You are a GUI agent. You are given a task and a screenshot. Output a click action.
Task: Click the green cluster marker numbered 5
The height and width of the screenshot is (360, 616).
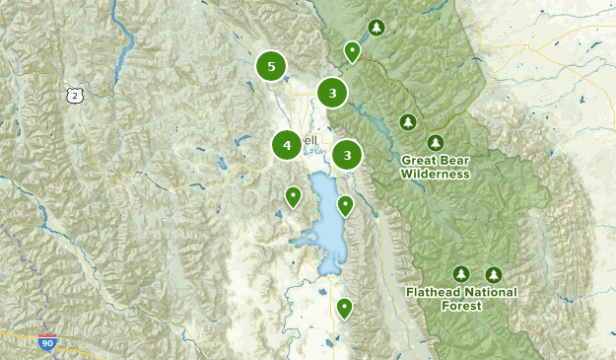tap(271, 66)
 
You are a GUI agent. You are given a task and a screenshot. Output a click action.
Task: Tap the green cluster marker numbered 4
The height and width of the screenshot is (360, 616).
tap(287, 145)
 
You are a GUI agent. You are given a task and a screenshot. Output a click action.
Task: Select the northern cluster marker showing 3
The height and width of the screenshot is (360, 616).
tap(333, 94)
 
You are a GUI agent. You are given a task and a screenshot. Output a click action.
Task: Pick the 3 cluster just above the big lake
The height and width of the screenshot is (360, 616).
tap(347, 155)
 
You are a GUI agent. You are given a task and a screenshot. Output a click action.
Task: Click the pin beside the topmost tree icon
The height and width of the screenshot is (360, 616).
tap(352, 51)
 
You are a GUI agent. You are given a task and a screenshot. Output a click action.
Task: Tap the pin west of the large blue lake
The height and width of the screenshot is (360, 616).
tap(293, 197)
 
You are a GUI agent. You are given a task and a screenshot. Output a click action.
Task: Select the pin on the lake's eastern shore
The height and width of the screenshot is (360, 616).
tap(345, 205)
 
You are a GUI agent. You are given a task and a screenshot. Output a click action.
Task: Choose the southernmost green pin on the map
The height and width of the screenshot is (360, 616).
tap(344, 308)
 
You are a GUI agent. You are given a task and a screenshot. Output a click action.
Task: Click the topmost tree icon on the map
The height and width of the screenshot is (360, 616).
tap(375, 28)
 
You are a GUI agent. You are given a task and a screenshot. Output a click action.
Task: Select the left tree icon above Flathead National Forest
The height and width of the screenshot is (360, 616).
tap(459, 273)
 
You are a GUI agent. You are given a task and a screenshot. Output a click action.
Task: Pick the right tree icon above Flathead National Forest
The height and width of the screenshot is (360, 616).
tap(493, 273)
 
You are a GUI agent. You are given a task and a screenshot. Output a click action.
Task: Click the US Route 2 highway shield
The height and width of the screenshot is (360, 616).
tap(74, 94)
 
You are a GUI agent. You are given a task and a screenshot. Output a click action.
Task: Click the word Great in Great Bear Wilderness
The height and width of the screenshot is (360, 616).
tap(419, 160)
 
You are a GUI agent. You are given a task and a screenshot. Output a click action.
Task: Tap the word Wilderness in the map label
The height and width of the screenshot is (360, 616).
tap(435, 174)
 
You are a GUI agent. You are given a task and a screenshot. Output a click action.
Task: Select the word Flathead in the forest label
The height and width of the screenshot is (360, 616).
tap(434, 292)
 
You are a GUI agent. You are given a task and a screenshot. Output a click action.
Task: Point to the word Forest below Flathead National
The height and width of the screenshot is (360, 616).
tap(461, 306)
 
